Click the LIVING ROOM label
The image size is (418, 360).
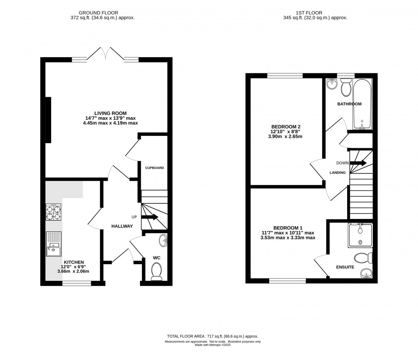tap(111, 113)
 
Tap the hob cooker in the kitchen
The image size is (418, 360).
tap(54, 212)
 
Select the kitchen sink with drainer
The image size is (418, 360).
tap(54, 242)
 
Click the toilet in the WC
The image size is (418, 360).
tap(157, 271)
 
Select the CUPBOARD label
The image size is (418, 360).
tap(154, 168)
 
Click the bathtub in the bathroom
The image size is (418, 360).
tap(362, 104)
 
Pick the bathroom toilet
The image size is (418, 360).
tap(345, 88)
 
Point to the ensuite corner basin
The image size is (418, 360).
tap(366, 273)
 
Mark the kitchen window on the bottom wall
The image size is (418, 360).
tap(77, 282)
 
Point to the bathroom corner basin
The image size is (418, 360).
tap(331, 85)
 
